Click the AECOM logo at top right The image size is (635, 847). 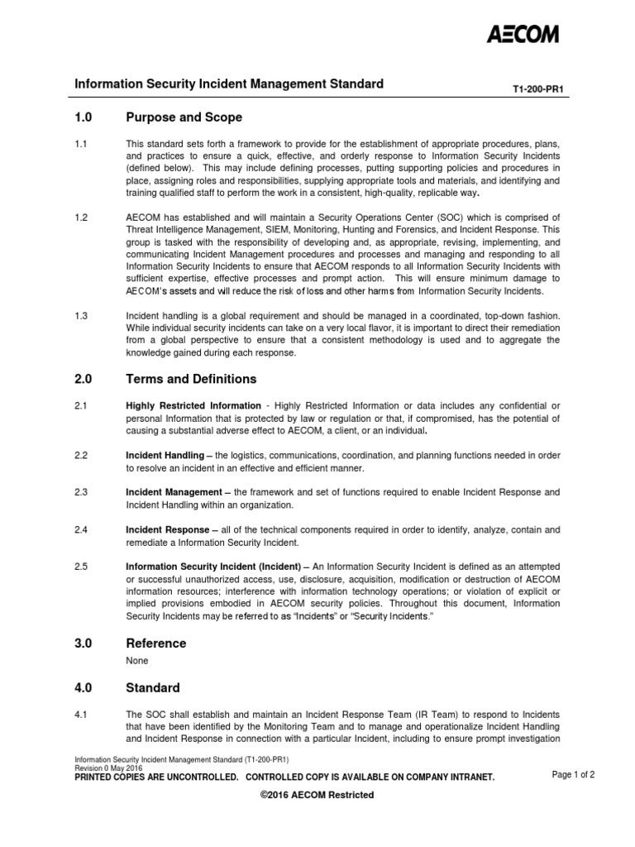[523, 34]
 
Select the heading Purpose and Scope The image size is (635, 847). [184, 117]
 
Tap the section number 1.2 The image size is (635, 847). [81, 218]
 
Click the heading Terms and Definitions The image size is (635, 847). [191, 379]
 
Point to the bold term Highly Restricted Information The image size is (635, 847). [193, 406]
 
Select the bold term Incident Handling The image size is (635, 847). [165, 456]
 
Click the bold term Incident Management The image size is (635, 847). [174, 492]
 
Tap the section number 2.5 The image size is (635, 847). [81, 567]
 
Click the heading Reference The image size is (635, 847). [155, 643]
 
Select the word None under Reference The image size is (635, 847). [137, 661]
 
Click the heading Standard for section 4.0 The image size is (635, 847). [152, 687]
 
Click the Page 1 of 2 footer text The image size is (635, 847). [573, 775]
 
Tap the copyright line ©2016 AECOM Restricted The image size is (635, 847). [317, 795]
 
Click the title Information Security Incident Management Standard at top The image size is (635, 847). [229, 84]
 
